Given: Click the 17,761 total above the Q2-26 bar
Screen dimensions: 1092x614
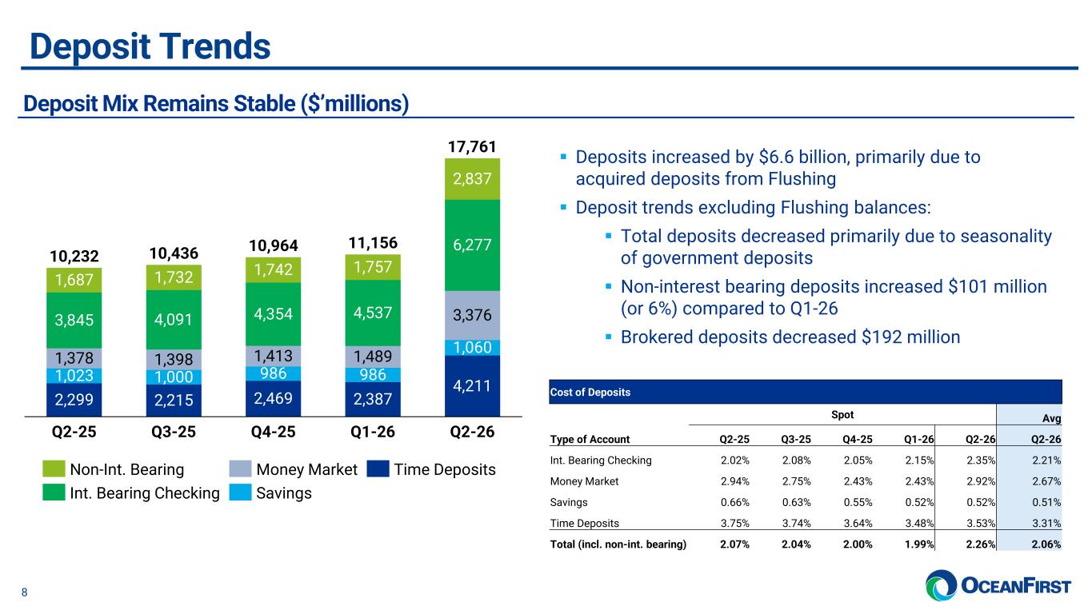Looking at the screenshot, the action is tap(472, 146).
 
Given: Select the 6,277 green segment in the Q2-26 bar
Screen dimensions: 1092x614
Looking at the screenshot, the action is tap(472, 245).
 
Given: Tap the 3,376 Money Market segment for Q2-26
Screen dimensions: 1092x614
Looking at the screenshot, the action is tap(472, 315).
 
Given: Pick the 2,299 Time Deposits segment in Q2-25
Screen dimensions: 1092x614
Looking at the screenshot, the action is tap(74, 400).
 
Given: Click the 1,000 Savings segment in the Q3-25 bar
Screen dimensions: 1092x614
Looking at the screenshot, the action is tap(174, 377).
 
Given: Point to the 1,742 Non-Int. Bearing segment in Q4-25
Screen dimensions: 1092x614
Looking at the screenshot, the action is tap(273, 269).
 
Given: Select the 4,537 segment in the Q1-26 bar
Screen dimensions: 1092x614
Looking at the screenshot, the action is tap(373, 313).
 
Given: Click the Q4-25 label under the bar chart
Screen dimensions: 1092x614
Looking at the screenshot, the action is tap(273, 432).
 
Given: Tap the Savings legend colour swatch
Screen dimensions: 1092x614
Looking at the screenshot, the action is tap(240, 492).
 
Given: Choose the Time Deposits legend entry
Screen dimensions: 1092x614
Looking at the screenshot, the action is tap(431, 469).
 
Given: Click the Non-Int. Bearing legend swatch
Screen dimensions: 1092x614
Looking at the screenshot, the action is tap(54, 468).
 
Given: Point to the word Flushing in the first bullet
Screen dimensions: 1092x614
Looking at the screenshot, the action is tap(802, 179).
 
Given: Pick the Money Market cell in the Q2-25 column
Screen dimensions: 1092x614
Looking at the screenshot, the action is tap(734, 481).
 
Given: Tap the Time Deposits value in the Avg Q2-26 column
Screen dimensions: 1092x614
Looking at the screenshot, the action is tap(1046, 524).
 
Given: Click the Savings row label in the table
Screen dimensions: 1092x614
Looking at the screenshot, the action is tap(569, 502).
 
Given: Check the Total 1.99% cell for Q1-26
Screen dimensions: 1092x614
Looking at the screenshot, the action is tap(919, 544).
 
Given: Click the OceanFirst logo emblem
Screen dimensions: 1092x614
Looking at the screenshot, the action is tap(941, 585).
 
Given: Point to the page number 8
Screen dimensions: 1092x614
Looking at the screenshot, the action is tap(24, 592).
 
